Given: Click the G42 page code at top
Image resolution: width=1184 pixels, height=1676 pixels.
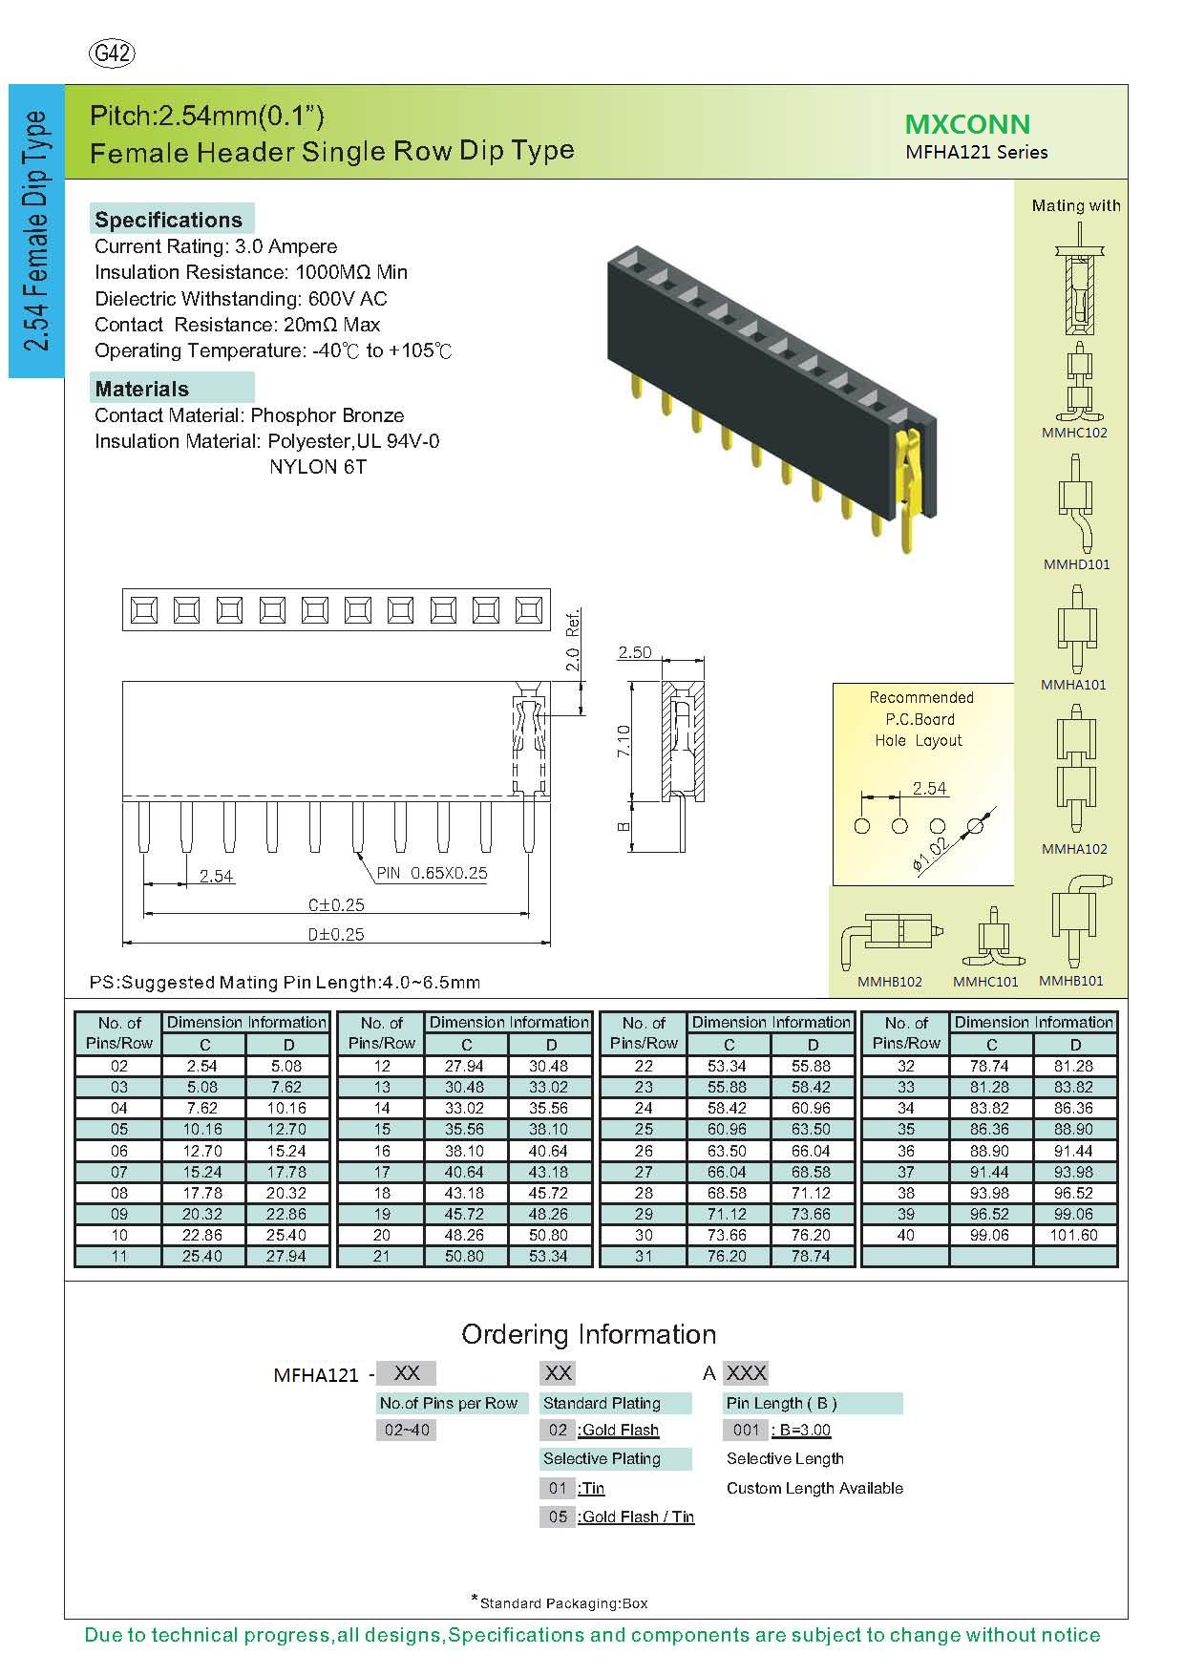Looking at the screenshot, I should pos(112,54).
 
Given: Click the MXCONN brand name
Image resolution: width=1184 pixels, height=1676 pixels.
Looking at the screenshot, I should pos(967,124).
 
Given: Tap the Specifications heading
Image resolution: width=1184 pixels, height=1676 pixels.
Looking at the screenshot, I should pos(168,220).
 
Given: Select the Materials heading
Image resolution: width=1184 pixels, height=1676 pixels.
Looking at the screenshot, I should pos(141,389).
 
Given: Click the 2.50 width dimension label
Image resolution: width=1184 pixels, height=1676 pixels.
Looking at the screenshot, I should pos(635,652).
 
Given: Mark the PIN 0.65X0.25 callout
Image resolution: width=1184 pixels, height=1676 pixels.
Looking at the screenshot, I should pos(432,873).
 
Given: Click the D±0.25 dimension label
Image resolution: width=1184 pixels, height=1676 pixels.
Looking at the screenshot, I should pos(336,934).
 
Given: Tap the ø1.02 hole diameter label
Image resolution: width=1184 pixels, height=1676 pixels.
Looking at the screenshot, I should pos(929,855).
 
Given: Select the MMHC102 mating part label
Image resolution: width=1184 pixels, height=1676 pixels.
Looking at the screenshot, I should pos(1074,433).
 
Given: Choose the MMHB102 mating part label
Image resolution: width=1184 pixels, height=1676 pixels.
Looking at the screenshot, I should pos(889,981).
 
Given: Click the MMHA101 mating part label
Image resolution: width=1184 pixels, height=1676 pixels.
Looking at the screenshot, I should pos(1074,685).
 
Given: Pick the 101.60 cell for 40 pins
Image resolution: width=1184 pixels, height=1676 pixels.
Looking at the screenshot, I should pos(1075,1235).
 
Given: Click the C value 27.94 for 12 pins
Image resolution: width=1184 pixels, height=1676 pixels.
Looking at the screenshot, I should pos(466,1066).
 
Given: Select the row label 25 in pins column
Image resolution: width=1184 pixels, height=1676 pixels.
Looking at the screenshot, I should pos(644,1129).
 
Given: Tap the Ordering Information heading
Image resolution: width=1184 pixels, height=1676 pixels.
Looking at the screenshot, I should pos(588,1334).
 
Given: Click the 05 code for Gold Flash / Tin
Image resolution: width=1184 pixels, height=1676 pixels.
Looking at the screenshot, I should pos(558,1517).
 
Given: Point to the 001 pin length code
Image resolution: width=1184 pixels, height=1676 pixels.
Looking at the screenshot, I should pos(745,1430).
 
